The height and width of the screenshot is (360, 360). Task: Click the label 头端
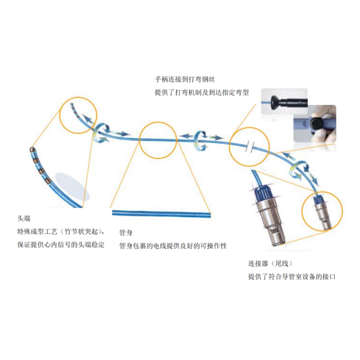point(24,218)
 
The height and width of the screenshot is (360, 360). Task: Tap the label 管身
point(126,233)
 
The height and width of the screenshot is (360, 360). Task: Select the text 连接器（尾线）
point(271,263)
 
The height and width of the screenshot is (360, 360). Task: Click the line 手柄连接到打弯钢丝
point(185,79)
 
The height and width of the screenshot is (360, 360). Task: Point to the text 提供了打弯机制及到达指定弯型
point(202,92)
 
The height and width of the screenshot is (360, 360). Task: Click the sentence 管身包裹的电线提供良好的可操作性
point(173,246)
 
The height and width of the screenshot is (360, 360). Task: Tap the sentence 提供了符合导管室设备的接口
point(292,277)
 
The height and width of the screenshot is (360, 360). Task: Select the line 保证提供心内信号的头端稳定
point(61,245)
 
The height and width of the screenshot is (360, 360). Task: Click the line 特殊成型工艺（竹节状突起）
point(61,232)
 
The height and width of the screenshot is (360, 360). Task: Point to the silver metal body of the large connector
point(272,220)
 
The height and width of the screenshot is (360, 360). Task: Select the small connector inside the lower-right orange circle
point(323,212)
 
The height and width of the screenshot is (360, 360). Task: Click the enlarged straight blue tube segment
point(161,213)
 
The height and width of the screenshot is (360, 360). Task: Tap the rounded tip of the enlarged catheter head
point(32,150)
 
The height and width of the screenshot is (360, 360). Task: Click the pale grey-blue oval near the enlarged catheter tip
point(73,187)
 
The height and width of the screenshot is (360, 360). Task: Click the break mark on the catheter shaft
point(250,147)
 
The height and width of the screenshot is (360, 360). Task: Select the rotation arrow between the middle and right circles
point(200,140)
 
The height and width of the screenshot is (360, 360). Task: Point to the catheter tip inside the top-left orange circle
point(71,104)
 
